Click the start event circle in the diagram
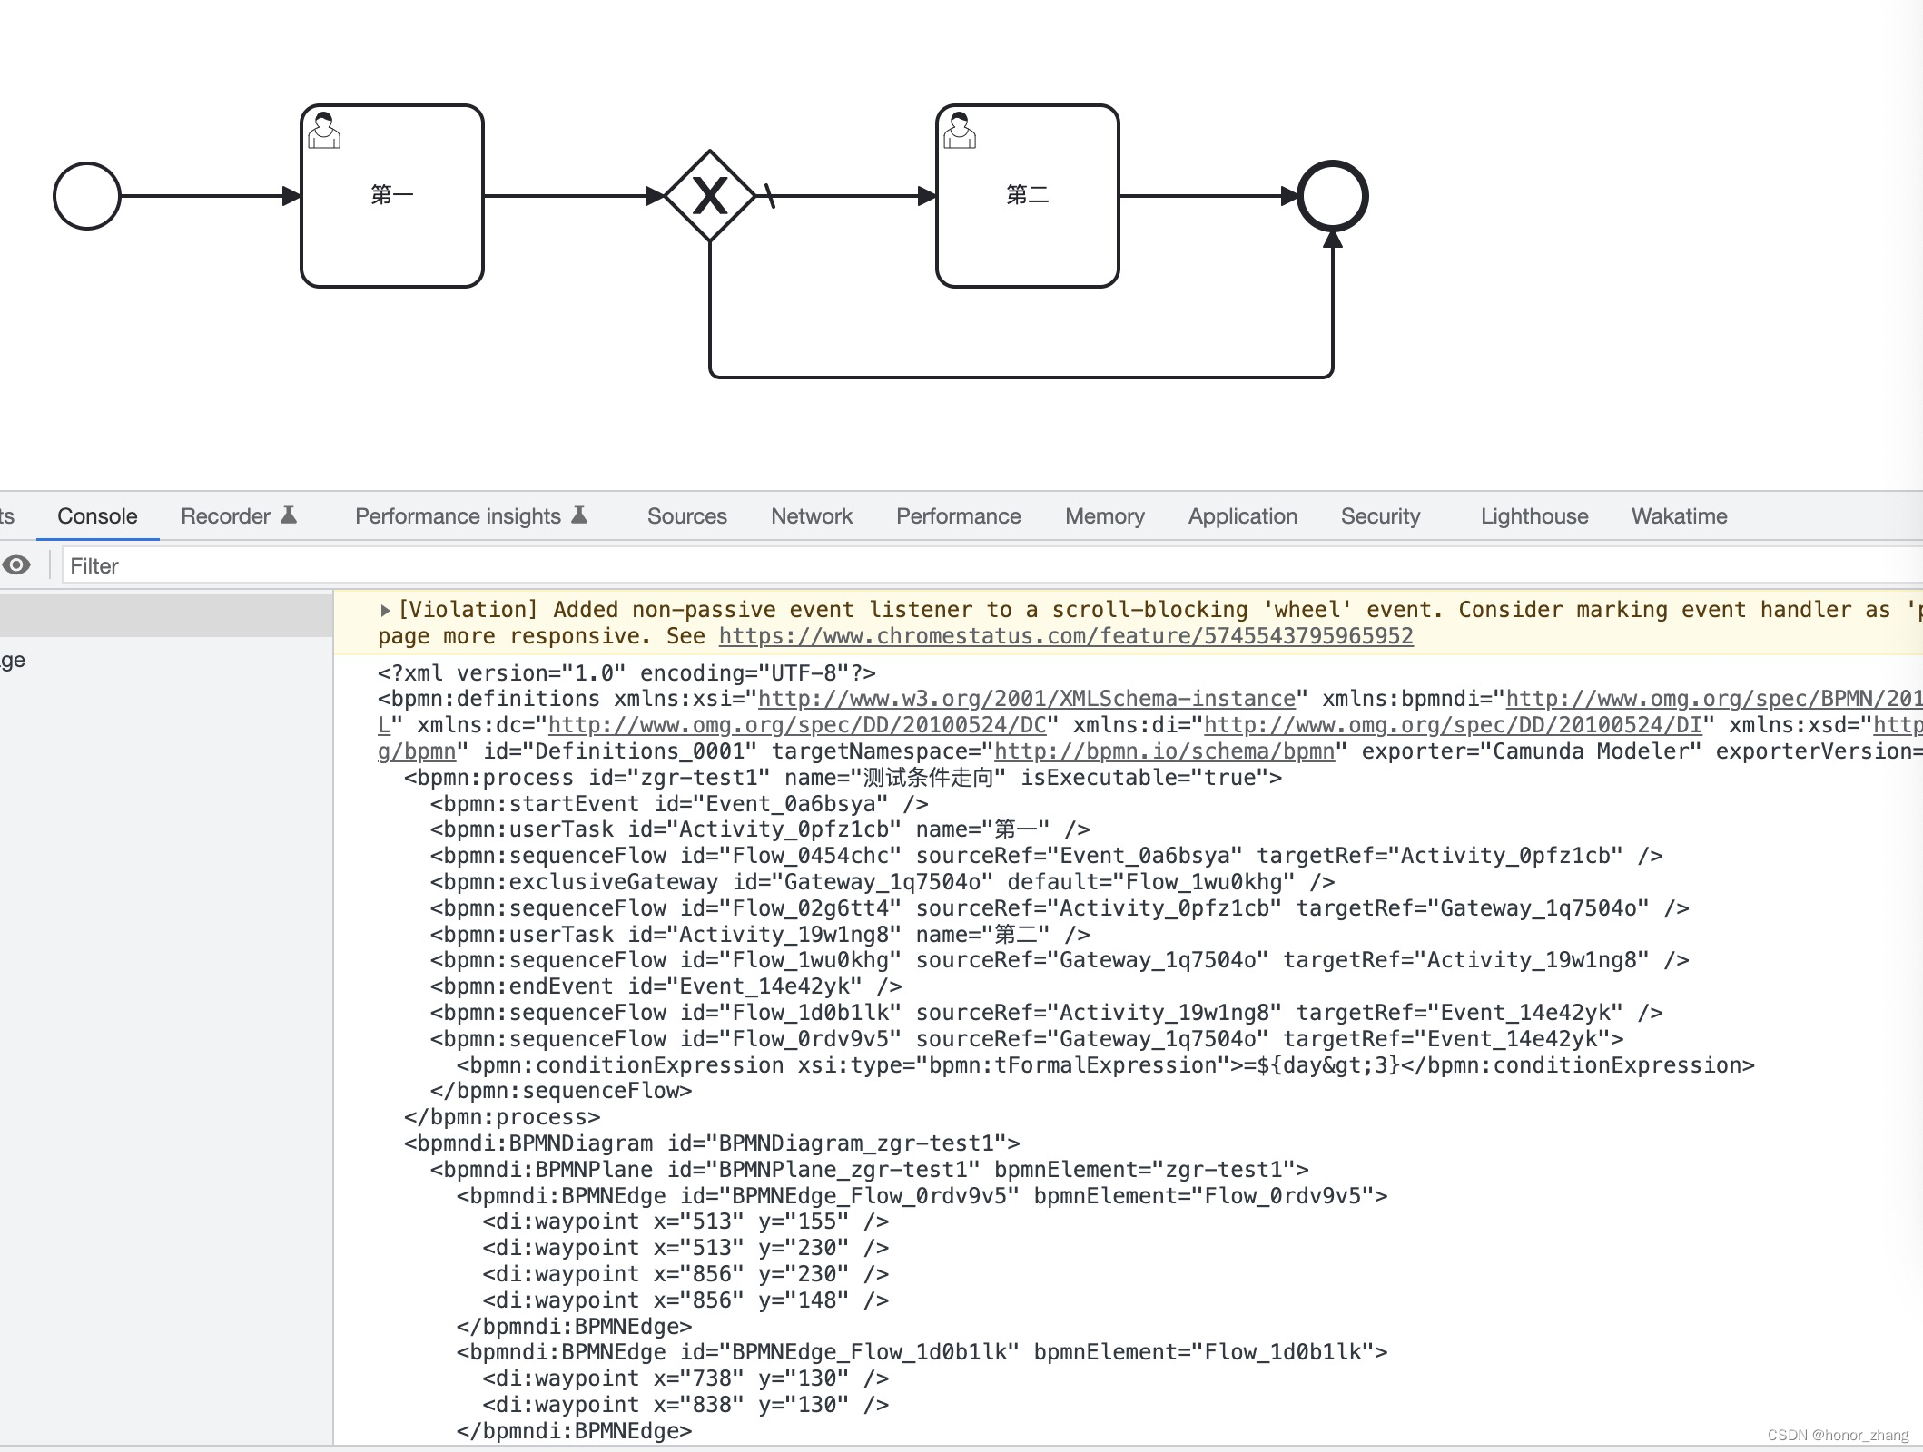pos(87,196)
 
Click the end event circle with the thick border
pos(1332,196)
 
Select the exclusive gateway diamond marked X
pos(710,196)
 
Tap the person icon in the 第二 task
pos(960,131)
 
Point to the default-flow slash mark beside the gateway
pos(770,196)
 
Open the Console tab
pos(97,516)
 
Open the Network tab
pos(811,516)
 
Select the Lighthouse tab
pos(1533,516)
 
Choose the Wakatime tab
pos(1679,516)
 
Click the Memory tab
pos(1104,516)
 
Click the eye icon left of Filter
pos(16,565)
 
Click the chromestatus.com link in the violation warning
pos(1065,636)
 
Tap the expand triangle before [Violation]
pos(385,611)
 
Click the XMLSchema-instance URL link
pos(1026,699)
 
